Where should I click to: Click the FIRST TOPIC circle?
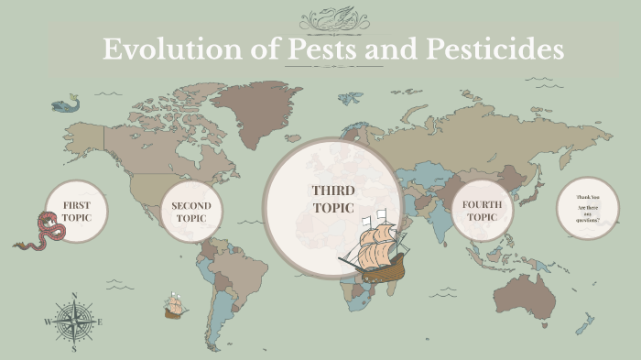tap(76, 211)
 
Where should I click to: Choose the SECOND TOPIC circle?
tap(190, 212)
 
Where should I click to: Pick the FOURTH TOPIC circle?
tap(480, 210)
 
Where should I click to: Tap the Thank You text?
tap(587, 198)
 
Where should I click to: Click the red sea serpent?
tap(44, 230)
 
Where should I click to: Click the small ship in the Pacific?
tap(174, 305)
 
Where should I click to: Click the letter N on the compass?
tap(74, 296)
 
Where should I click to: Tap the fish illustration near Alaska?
tap(65, 105)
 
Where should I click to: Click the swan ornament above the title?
tap(334, 16)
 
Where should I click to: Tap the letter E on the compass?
tap(100, 322)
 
